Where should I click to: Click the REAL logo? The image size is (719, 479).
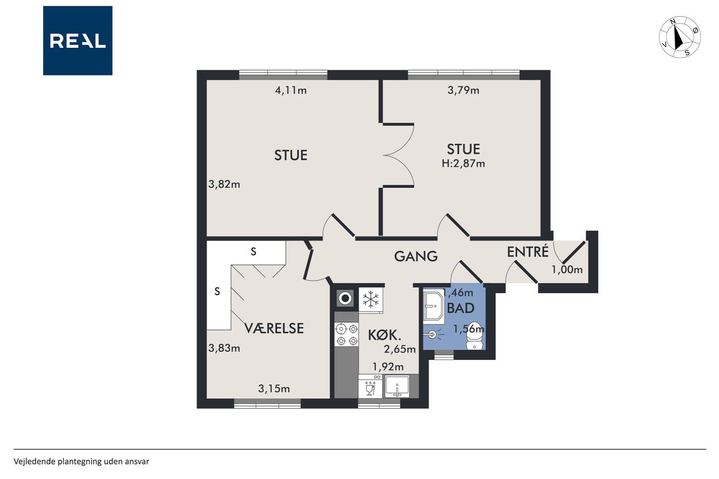[x=78, y=40]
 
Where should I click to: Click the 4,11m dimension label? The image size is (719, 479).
[x=291, y=90]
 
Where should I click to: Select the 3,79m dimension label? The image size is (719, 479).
[x=463, y=90]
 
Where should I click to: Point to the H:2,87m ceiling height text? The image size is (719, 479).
[x=463, y=163]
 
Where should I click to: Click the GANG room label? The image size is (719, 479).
[x=416, y=256]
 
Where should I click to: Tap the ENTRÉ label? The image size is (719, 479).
[x=527, y=251]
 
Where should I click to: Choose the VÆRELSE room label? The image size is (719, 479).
[x=274, y=328]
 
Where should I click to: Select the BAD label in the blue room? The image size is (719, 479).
[x=461, y=308]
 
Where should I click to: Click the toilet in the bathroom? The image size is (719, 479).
[x=475, y=336]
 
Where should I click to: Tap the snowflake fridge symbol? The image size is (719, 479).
[x=371, y=300]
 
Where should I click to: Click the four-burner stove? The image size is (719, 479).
[x=347, y=334]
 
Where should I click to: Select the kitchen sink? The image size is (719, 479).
[x=397, y=386]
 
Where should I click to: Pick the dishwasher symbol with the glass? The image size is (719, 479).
[x=370, y=386]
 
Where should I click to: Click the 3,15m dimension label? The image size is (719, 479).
[x=274, y=389]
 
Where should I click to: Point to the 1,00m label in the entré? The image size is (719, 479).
[x=567, y=270]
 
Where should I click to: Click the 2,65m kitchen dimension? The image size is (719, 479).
[x=399, y=349]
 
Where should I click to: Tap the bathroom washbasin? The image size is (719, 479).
[x=433, y=305]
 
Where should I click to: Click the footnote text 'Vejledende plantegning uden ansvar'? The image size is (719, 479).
[x=81, y=462]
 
